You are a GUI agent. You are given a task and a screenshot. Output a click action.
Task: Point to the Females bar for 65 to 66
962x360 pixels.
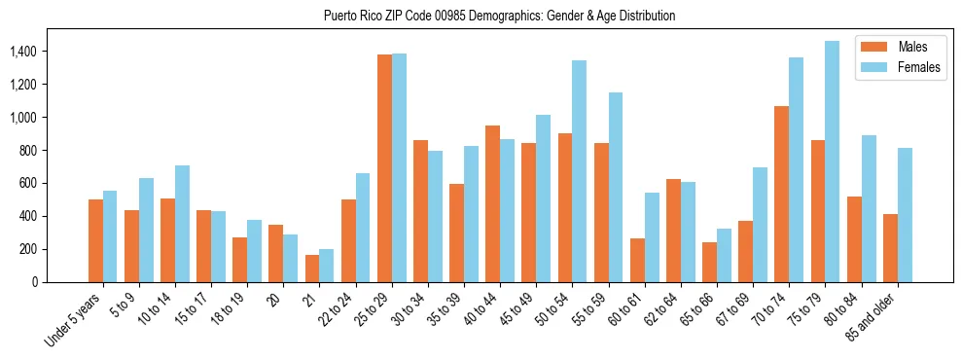(724, 255)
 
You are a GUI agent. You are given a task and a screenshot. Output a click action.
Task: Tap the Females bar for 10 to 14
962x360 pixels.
(182, 224)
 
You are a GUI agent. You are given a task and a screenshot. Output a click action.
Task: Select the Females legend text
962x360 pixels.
(920, 68)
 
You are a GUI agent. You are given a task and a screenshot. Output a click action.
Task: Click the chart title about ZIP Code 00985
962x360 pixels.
(499, 16)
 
